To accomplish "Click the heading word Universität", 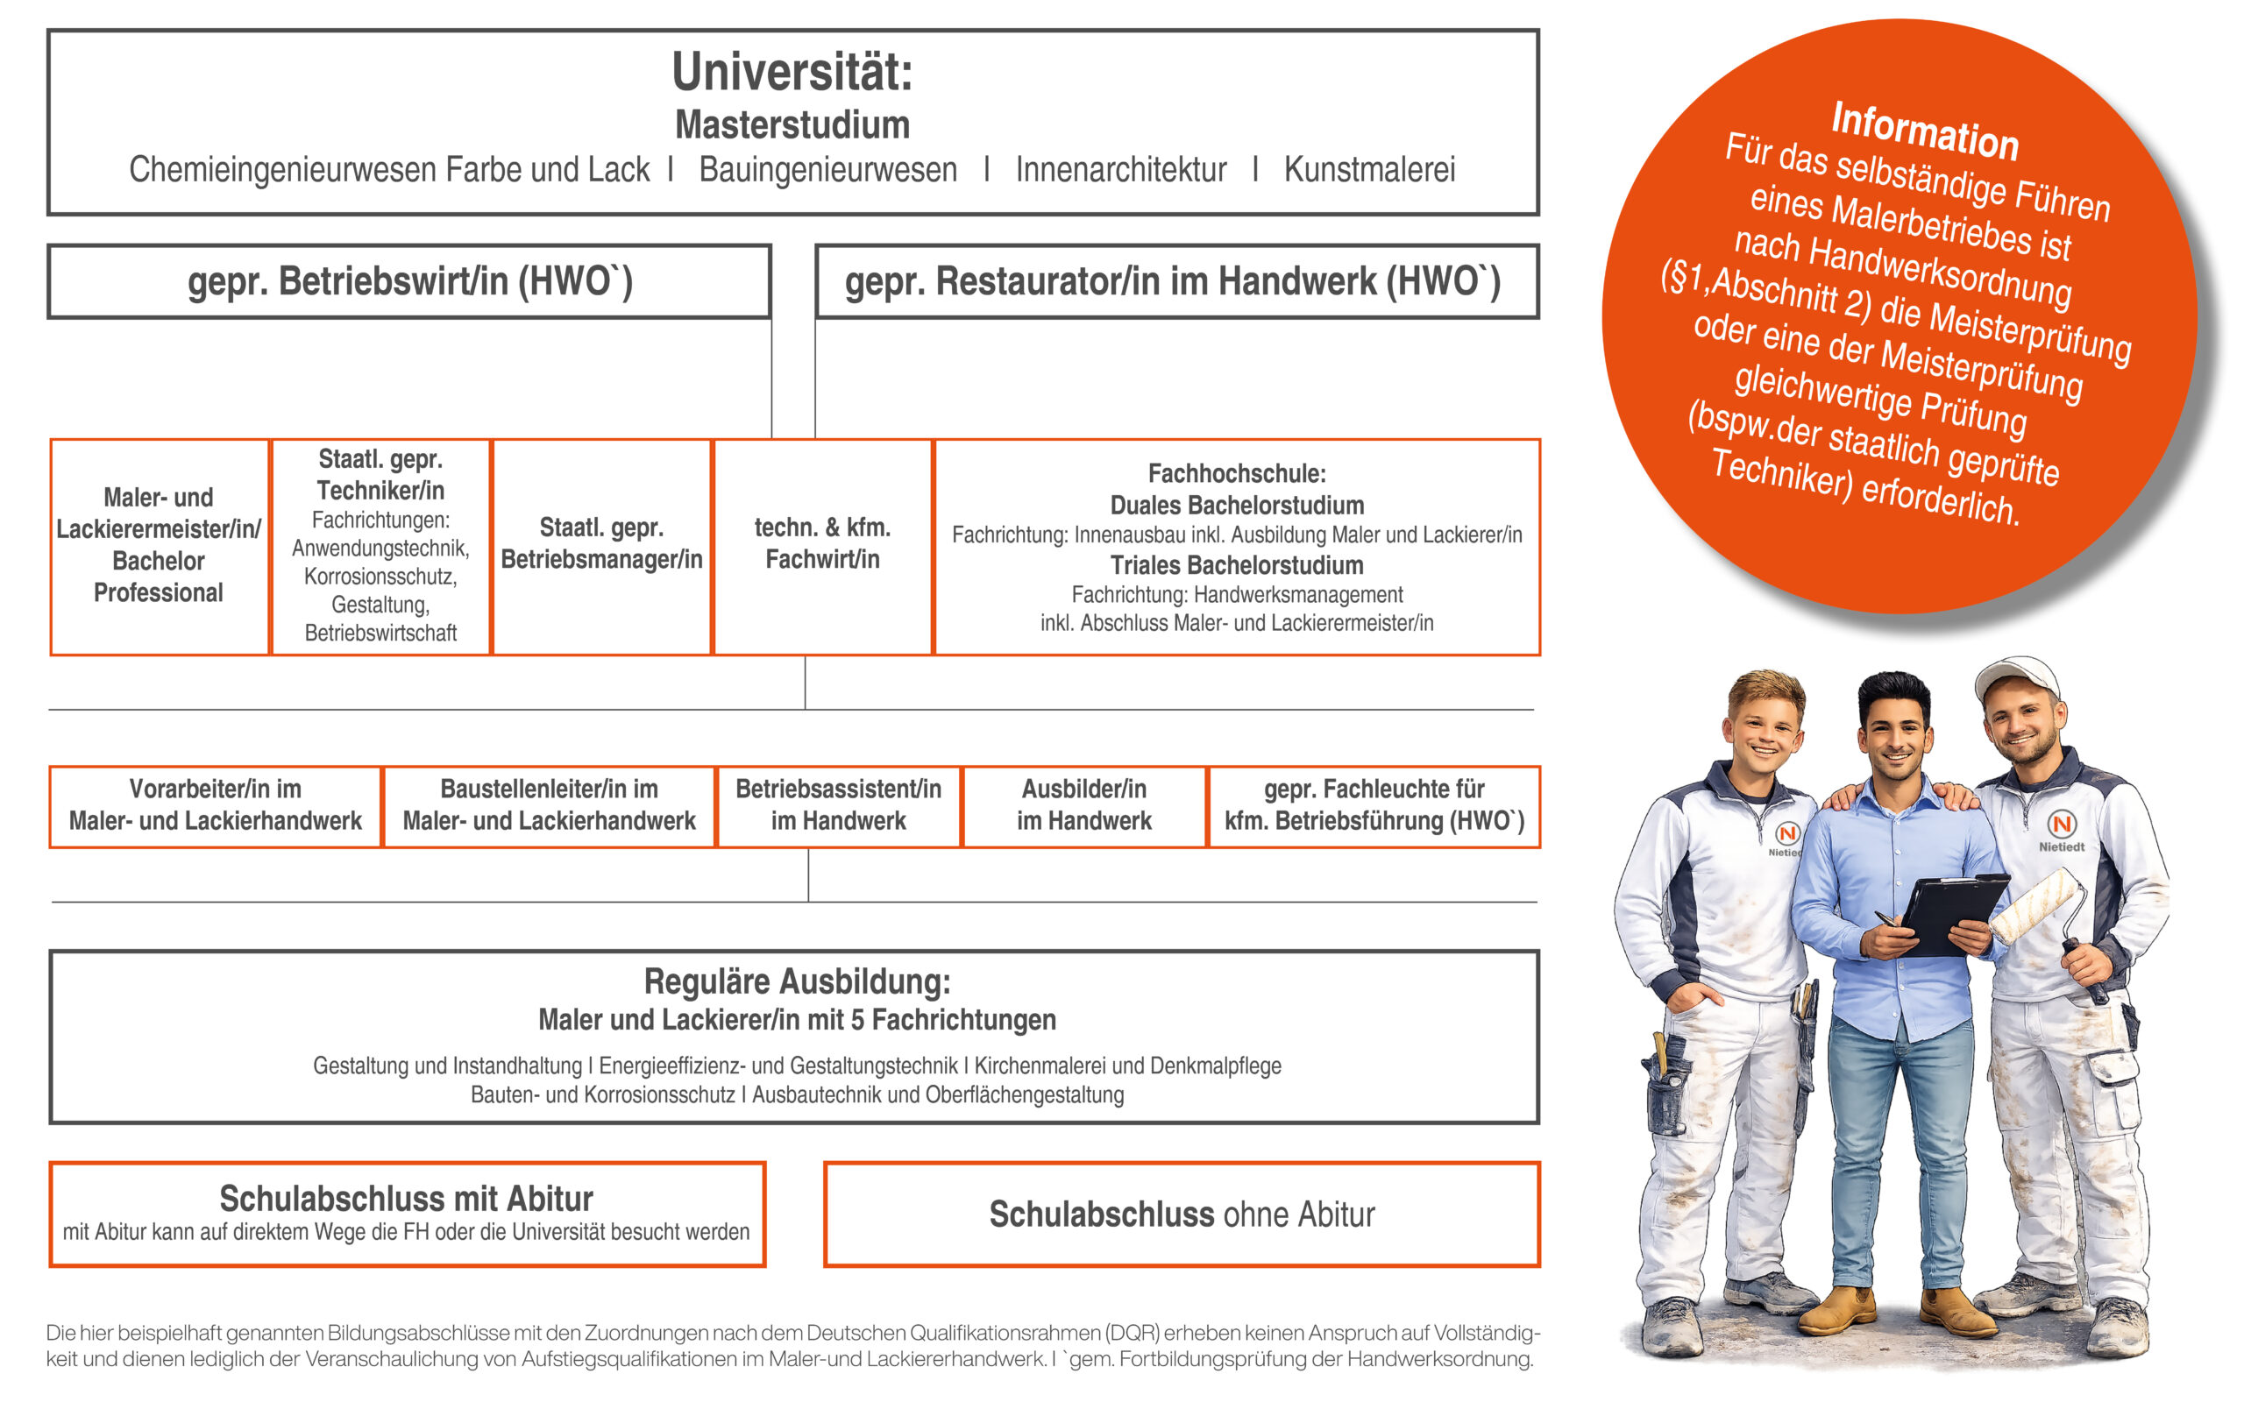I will [x=791, y=73].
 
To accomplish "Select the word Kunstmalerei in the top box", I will [x=1368, y=170].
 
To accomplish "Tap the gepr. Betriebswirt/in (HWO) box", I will [x=409, y=282].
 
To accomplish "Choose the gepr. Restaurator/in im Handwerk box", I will [x=1175, y=282].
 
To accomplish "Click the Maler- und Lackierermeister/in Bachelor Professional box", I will [x=159, y=546].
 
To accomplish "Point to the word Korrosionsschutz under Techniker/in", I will [x=380, y=577].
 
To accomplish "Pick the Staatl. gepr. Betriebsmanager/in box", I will [x=600, y=545].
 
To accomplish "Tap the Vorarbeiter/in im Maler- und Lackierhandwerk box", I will [x=215, y=806].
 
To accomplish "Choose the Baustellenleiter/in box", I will [x=549, y=806].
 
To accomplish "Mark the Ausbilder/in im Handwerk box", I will [x=1084, y=806].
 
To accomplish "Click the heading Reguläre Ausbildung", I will [x=797, y=981].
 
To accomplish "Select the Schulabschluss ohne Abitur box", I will [x=1182, y=1214].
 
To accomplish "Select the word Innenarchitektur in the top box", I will [x=1120, y=170].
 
